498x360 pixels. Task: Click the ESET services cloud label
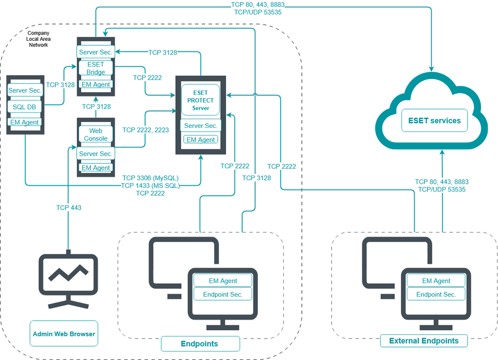click(434, 120)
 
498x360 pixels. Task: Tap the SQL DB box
click(24, 107)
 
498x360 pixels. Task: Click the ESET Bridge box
click(96, 69)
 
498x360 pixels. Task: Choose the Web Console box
click(96, 134)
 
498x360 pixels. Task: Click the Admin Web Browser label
click(64, 334)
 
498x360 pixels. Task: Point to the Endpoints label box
click(200, 344)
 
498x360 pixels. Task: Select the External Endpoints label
click(423, 341)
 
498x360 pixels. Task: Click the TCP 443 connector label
click(69, 207)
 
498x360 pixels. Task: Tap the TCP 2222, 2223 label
click(145, 129)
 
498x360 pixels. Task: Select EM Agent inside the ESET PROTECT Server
click(200, 140)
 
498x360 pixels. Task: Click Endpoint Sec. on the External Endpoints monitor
click(436, 294)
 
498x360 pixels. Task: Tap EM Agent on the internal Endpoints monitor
click(223, 281)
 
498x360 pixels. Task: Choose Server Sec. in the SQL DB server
click(24, 91)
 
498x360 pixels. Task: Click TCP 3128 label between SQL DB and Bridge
click(60, 85)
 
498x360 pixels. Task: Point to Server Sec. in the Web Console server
click(96, 154)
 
